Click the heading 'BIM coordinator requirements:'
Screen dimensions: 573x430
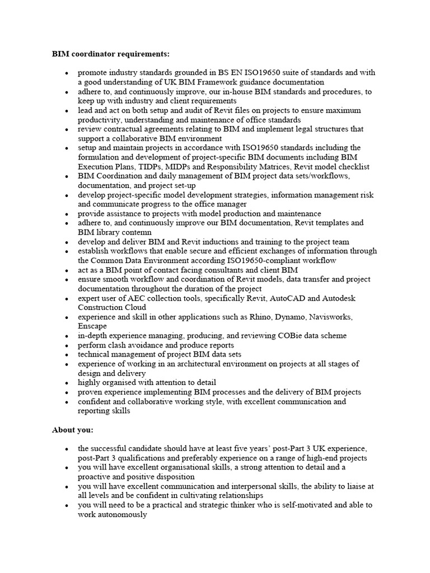point(110,54)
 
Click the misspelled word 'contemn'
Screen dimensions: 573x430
point(136,232)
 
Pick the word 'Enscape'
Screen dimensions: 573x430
point(92,326)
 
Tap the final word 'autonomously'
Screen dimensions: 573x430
point(113,514)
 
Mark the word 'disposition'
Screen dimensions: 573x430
point(174,477)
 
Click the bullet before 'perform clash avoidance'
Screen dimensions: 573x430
point(67,346)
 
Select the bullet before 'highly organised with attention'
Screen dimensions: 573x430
point(67,383)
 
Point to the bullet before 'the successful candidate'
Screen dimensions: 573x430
point(67,449)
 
